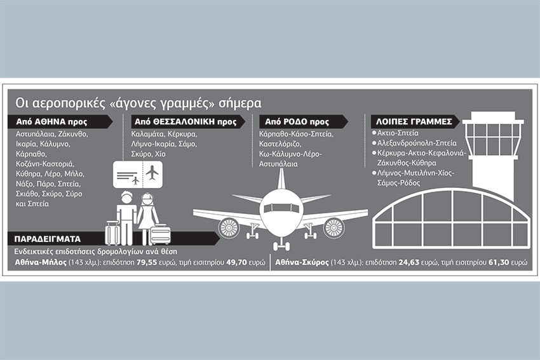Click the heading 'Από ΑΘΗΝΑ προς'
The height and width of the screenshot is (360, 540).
click(51, 121)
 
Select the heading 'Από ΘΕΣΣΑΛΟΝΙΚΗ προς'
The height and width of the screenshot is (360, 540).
click(186, 121)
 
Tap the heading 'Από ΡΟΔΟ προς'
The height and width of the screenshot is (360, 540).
click(297, 121)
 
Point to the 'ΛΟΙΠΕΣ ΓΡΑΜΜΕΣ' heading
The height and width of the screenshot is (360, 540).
click(414, 121)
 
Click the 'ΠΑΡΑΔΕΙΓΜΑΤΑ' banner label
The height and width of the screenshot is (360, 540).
click(48, 239)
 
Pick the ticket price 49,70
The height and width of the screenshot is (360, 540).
click(236, 262)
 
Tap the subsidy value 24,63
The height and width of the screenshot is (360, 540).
click(408, 262)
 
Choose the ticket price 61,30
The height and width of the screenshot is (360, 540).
click(498, 262)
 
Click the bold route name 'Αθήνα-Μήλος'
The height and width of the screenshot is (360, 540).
click(41, 262)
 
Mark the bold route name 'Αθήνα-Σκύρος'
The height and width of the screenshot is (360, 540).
click(302, 262)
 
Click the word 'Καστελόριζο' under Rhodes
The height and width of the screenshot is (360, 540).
click(280, 144)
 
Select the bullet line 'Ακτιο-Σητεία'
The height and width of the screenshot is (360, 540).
click(398, 133)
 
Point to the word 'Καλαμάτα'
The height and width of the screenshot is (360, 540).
click(147, 134)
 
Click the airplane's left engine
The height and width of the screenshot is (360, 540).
click(228, 227)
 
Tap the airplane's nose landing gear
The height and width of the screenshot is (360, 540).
click(281, 244)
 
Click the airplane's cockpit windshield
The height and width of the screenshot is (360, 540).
click(281, 208)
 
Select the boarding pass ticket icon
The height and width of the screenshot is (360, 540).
click(138, 175)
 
